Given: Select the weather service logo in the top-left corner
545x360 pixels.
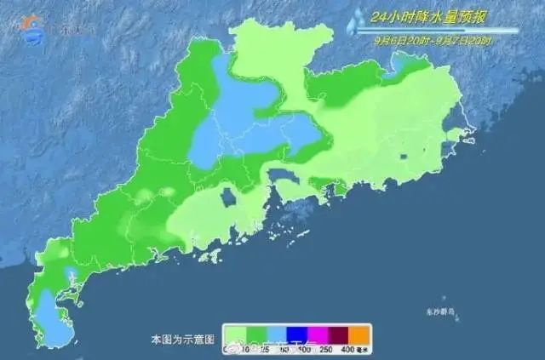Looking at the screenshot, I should point(32,25).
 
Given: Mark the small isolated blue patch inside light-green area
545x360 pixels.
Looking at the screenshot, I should point(227,197).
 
